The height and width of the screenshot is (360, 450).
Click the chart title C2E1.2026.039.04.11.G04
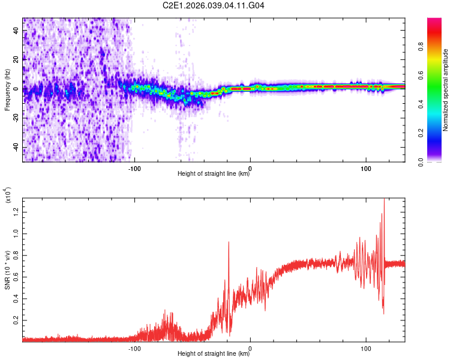pos(214,5)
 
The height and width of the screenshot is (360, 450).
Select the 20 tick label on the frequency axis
pos(17,59)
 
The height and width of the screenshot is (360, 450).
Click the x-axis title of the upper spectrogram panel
pos(214,174)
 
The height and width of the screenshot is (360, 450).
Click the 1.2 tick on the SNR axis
pos(17,211)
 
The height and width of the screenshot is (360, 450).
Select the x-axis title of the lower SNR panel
pos(214,354)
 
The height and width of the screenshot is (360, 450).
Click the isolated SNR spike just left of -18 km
pos(229,242)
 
